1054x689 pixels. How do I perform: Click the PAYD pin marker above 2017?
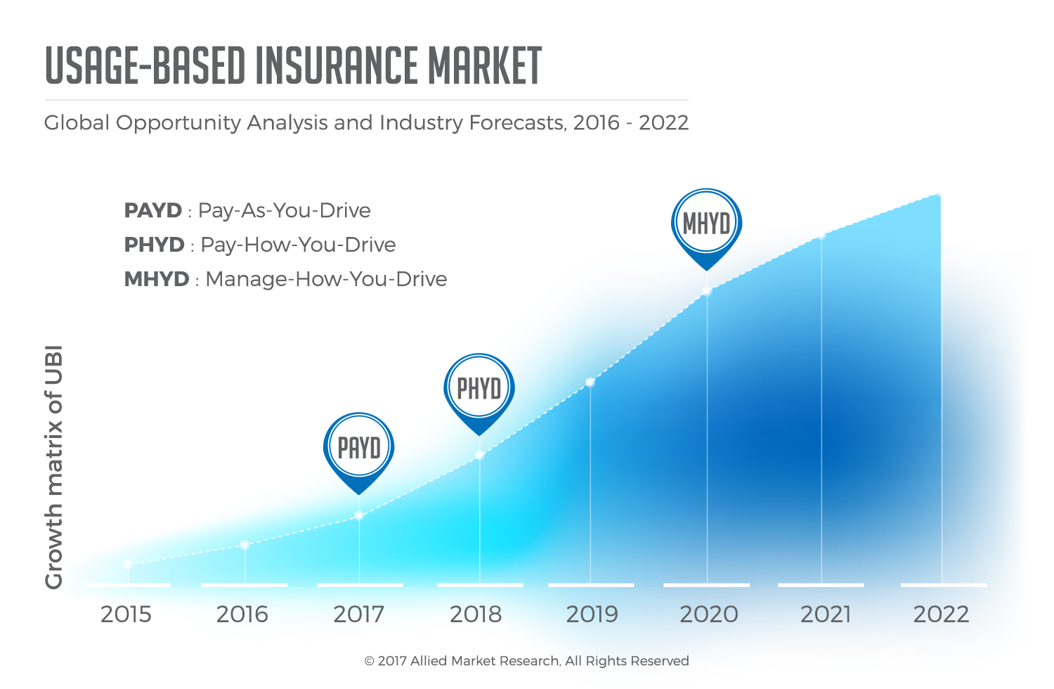[x=358, y=449]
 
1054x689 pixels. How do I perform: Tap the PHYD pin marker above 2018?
[x=479, y=389]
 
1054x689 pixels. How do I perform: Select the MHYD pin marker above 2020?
[x=706, y=224]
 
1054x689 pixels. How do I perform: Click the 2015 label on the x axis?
[x=126, y=614]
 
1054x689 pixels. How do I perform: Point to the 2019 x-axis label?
[x=592, y=614]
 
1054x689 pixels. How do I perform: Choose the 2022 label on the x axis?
[x=941, y=614]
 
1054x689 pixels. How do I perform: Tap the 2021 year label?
[x=826, y=614]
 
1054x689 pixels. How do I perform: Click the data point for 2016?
[x=245, y=545]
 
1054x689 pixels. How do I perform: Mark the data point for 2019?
[x=590, y=382]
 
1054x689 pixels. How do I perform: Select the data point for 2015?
[x=128, y=565]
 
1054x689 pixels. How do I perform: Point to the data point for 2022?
[x=937, y=196]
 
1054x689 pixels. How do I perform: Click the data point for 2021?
[x=821, y=236]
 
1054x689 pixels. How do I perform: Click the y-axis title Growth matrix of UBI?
[x=54, y=467]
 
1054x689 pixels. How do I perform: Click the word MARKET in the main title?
[x=485, y=66]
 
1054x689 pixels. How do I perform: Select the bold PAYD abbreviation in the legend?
[x=152, y=210]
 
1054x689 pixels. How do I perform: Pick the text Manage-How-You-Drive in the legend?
[x=326, y=279]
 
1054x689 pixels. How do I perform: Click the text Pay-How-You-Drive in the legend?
[x=298, y=245]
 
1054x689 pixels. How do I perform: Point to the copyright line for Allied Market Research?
[x=526, y=661]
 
